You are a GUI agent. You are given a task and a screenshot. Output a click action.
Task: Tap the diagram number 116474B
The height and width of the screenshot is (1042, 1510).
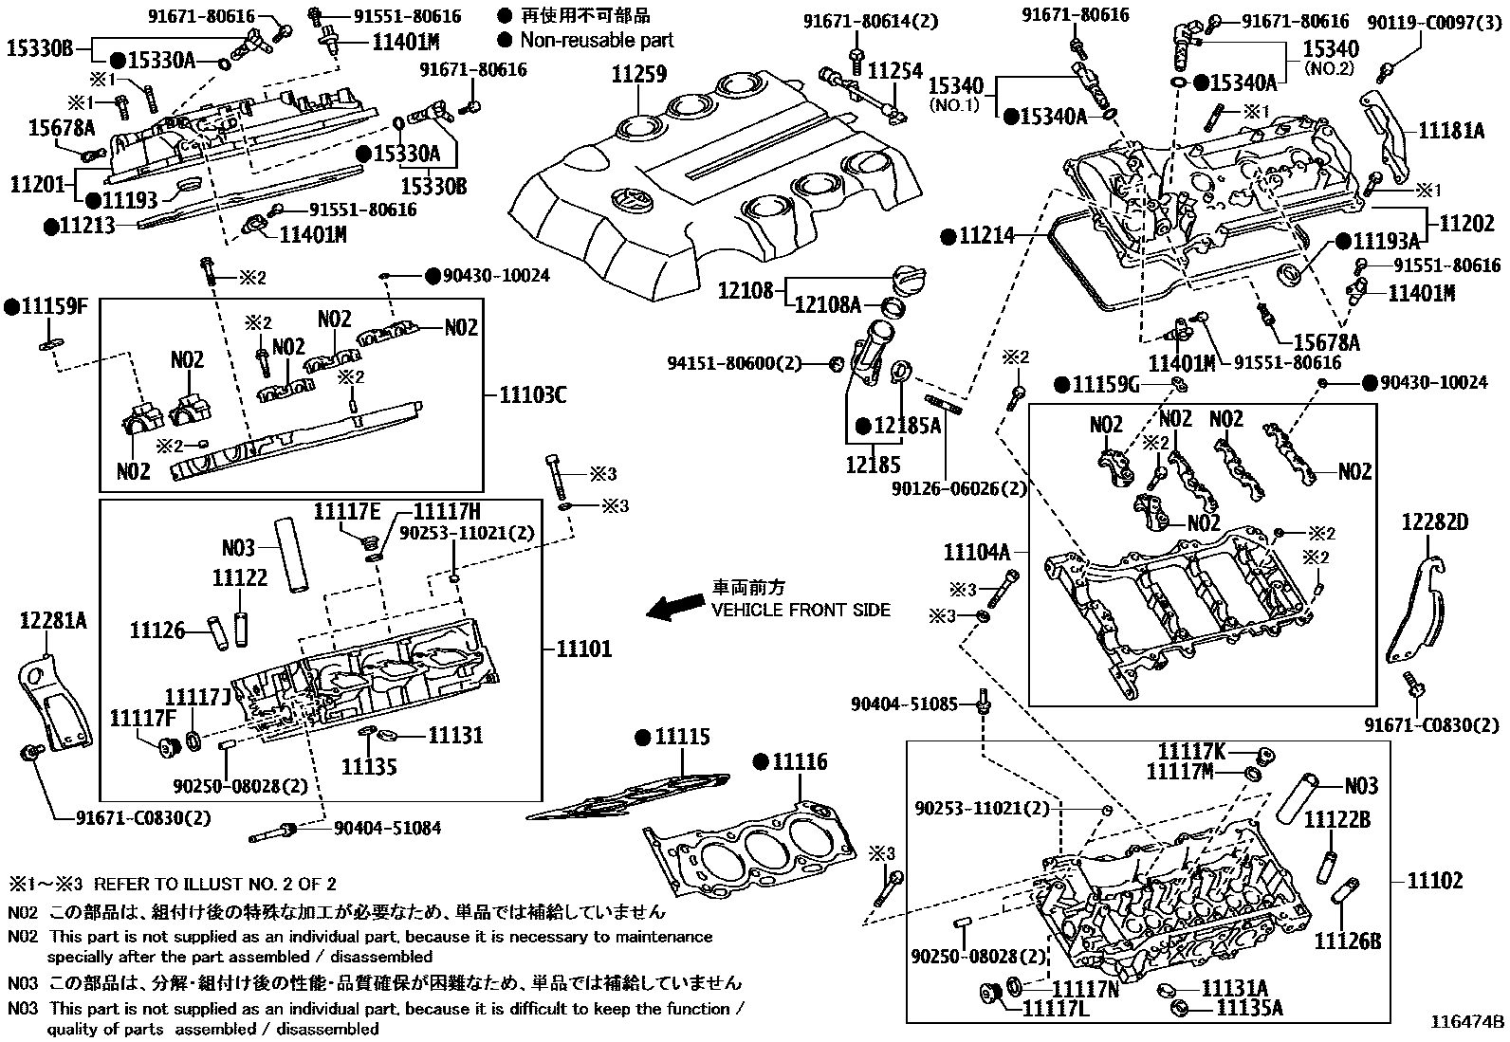coord(1467,1022)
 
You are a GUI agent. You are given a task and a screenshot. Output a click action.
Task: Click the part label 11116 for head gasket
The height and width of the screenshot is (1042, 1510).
coord(798,761)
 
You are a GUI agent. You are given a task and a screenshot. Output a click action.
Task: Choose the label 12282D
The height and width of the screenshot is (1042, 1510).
coord(1435,521)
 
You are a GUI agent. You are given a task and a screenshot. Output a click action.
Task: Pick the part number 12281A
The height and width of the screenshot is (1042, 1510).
coord(53,621)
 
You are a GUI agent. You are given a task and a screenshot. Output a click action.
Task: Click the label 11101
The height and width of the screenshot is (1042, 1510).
coord(580,649)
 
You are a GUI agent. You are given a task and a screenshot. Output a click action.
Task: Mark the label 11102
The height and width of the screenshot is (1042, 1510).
coord(1434,881)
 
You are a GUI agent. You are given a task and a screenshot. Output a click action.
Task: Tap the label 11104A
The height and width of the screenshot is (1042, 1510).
coord(976,551)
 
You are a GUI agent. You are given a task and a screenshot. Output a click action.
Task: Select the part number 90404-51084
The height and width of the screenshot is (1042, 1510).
coord(387,829)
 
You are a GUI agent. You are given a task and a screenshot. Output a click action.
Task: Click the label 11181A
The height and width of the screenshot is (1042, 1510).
coord(1451,131)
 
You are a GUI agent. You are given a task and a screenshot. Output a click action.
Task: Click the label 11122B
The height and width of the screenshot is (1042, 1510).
coord(1336,819)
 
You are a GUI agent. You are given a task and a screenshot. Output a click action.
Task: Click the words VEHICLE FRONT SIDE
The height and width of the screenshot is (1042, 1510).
coord(801,610)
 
